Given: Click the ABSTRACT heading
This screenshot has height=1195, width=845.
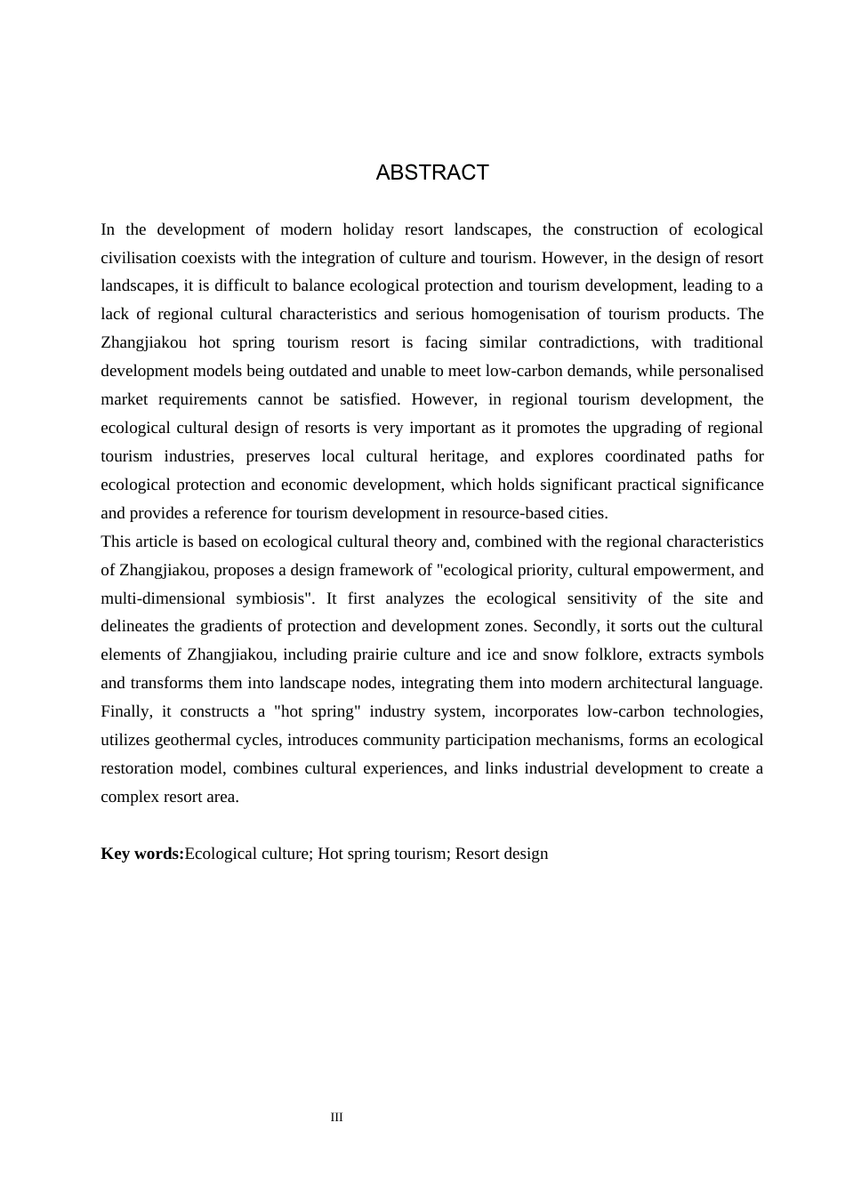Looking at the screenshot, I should (x=432, y=172).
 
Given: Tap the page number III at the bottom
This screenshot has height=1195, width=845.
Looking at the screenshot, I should (x=336, y=1118).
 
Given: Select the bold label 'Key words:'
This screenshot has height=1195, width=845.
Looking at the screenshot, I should (x=142, y=854).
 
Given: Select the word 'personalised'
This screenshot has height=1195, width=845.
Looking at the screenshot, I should (x=720, y=371).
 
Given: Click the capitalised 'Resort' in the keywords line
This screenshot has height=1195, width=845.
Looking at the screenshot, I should (x=479, y=854).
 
